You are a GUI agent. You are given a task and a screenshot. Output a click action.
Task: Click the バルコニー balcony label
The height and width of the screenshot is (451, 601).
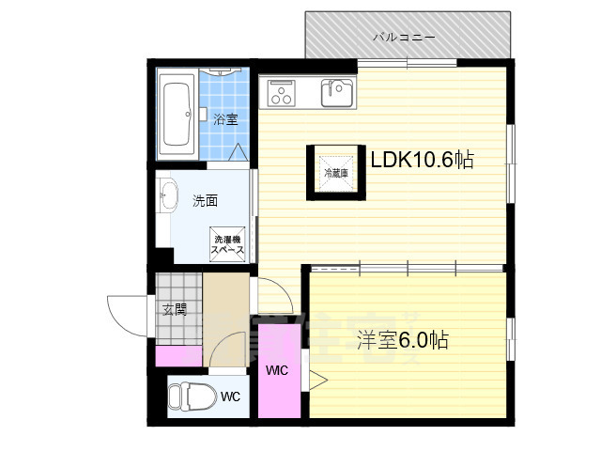tap(404, 39)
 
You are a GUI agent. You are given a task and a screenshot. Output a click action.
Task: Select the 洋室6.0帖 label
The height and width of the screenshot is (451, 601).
tap(403, 340)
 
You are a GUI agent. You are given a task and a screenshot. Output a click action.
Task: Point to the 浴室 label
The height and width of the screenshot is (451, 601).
tap(224, 119)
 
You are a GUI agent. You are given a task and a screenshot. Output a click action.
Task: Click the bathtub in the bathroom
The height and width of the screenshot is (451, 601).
tap(177, 116)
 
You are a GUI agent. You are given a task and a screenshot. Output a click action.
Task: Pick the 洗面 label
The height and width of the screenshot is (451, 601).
tap(206, 200)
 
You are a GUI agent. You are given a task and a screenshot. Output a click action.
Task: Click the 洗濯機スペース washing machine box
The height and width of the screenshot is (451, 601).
tap(227, 246)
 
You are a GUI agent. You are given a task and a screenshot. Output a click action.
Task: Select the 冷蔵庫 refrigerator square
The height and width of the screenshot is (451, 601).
tap(335, 173)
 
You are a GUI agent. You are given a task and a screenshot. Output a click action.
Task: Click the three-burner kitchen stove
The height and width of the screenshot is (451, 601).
tap(282, 92)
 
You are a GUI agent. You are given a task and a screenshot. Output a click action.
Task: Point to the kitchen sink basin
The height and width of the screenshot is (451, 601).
tap(338, 92)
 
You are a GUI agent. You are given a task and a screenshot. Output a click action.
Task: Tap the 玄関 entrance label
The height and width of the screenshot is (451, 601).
tap(174, 309)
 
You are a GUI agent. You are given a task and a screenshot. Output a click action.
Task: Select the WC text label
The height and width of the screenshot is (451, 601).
tap(230, 397)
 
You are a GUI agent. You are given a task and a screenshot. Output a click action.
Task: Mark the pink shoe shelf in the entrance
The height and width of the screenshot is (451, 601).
tap(178, 356)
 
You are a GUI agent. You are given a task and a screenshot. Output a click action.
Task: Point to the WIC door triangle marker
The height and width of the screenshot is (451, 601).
tap(316, 381)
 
